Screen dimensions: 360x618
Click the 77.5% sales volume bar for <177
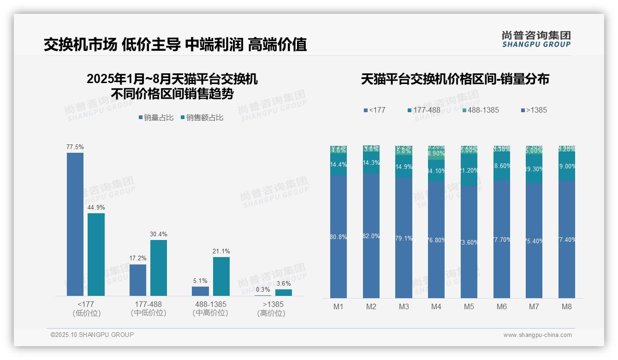click(75, 224)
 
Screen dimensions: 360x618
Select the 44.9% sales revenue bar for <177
click(96, 254)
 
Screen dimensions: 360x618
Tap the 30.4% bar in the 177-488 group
click(158, 268)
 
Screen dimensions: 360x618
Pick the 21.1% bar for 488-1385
click(221, 276)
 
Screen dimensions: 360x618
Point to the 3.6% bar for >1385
click(283, 292)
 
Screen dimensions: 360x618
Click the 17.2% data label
click(138, 258)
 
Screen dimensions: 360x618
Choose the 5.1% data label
click(200, 281)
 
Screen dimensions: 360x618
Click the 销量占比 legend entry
click(156, 118)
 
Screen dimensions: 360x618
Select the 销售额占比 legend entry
click(202, 118)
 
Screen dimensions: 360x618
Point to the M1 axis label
click(339, 306)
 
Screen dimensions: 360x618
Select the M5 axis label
click(469, 306)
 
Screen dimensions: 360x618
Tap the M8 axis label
click(567, 306)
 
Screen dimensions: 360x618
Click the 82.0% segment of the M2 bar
click(371, 236)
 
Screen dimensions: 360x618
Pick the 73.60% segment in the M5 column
click(469, 242)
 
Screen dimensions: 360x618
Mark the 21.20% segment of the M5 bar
click(469, 170)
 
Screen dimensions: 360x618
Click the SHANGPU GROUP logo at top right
click(536, 39)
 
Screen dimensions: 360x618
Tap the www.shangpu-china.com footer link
click(537, 335)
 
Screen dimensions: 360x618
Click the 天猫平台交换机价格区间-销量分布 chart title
click(455, 79)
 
